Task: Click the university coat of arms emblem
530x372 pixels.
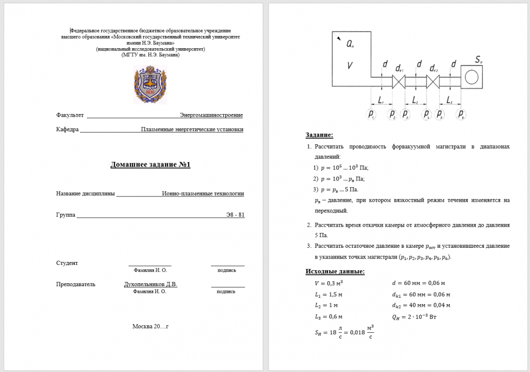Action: coord(150,84)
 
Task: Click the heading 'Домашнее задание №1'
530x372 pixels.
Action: coord(150,165)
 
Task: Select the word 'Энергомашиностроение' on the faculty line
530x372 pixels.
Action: coord(211,115)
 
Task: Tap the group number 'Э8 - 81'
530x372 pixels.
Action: coord(234,215)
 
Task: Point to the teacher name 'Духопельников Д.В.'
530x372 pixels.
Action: coord(151,284)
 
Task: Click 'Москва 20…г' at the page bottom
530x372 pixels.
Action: coord(150,326)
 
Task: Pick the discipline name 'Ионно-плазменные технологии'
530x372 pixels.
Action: coord(203,194)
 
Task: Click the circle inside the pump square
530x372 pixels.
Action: coord(471,78)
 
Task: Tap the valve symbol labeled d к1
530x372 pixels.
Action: coord(399,81)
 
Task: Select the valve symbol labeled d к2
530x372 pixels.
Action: coord(433,81)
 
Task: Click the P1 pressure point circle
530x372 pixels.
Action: coord(372,114)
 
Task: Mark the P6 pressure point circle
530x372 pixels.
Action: coord(461,114)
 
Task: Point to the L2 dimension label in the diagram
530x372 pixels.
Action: coord(415,100)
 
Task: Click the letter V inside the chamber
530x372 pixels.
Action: coord(349,66)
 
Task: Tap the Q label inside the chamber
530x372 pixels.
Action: coord(350,46)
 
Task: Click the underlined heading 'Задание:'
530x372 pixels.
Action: coord(320,135)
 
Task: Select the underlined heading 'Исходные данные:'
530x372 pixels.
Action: coord(335,272)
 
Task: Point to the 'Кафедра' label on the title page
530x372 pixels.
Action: coord(67,129)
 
